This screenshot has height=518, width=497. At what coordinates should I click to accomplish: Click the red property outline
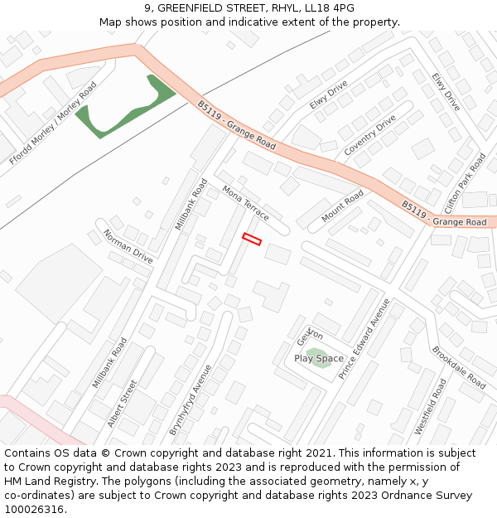252,240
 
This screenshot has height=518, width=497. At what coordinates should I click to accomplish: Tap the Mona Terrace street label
245,203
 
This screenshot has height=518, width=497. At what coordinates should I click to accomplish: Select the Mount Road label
342,206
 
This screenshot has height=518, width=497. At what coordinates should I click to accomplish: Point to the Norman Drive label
128,246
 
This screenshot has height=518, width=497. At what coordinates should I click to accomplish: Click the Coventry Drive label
370,136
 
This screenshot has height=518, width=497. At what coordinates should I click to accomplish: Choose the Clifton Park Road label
465,183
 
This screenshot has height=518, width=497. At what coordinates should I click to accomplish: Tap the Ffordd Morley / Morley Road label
54,123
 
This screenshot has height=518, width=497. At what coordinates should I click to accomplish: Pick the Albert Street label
122,404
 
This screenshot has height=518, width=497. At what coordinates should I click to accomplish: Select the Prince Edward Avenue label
364,337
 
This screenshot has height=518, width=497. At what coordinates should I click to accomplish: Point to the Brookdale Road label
458,367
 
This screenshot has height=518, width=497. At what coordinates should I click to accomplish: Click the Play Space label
319,359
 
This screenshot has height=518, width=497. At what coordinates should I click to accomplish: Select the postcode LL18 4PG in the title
326,8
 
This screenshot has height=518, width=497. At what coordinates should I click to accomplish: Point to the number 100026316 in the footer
31,509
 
